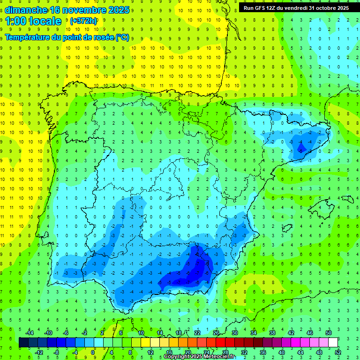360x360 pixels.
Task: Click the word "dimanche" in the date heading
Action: pos(26,10)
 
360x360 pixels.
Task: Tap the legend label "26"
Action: pos(216,332)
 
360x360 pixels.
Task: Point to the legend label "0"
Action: pos(93,352)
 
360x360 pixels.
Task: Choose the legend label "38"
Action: pos(272,332)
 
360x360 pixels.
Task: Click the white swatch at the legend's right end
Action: pos(333,343)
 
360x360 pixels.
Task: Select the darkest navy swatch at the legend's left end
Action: pos(23,343)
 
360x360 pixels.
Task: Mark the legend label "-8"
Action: pos(56,352)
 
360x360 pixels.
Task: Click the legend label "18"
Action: pos(179,332)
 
